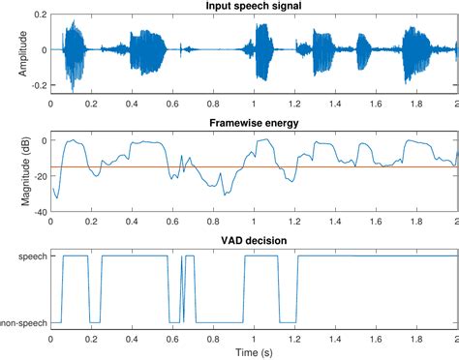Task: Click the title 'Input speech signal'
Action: [x=254, y=8]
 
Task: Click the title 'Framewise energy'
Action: [x=254, y=124]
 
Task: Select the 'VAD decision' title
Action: [x=254, y=240]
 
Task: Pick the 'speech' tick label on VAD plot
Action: [x=29, y=255]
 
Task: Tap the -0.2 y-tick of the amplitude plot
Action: [x=36, y=86]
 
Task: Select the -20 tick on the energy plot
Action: [x=36, y=175]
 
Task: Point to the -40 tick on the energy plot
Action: [x=36, y=210]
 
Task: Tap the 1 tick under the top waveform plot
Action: [x=254, y=103]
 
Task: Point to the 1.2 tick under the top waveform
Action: [x=294, y=103]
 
